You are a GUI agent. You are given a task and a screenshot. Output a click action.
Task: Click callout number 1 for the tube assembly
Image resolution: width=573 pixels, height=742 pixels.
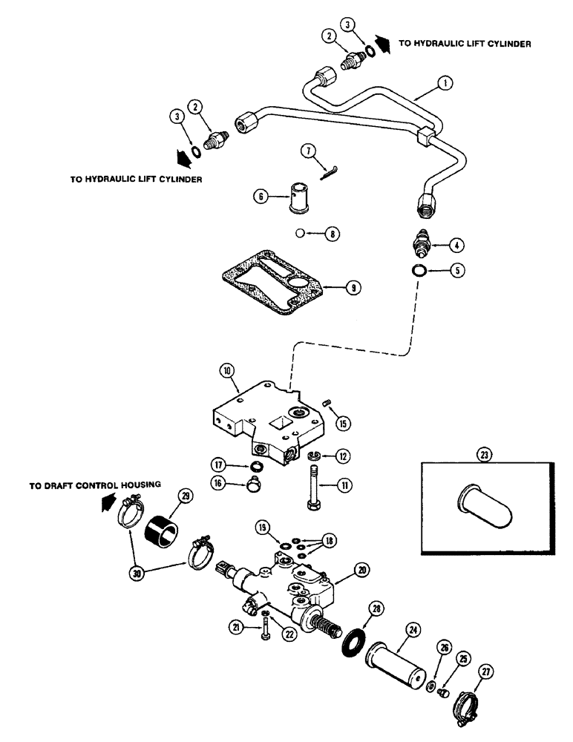443,85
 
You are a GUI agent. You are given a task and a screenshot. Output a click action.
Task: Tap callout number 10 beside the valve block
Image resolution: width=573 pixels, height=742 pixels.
226,369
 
